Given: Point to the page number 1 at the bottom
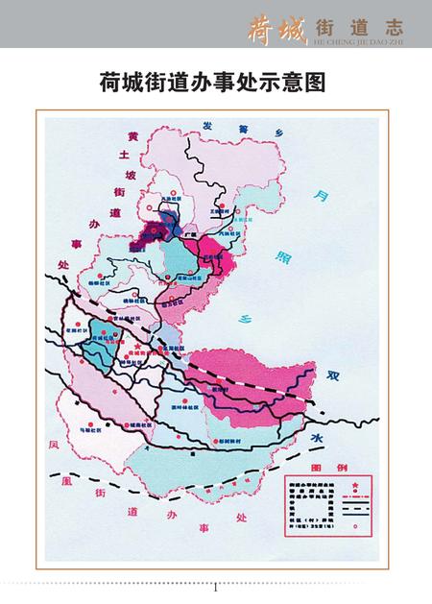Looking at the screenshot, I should tap(216, 588).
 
